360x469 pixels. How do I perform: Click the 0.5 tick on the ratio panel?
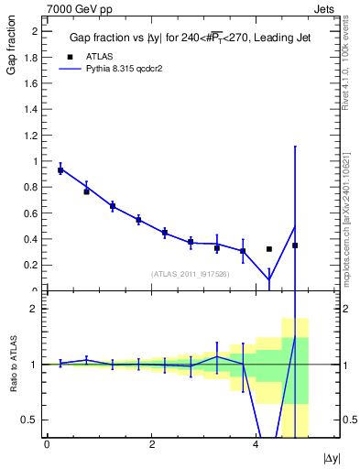click(x=30, y=420)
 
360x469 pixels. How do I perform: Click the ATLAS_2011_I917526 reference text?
click(x=189, y=274)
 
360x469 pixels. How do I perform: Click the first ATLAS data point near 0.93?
click(x=60, y=170)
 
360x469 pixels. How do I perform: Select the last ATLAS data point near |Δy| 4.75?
click(x=295, y=245)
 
